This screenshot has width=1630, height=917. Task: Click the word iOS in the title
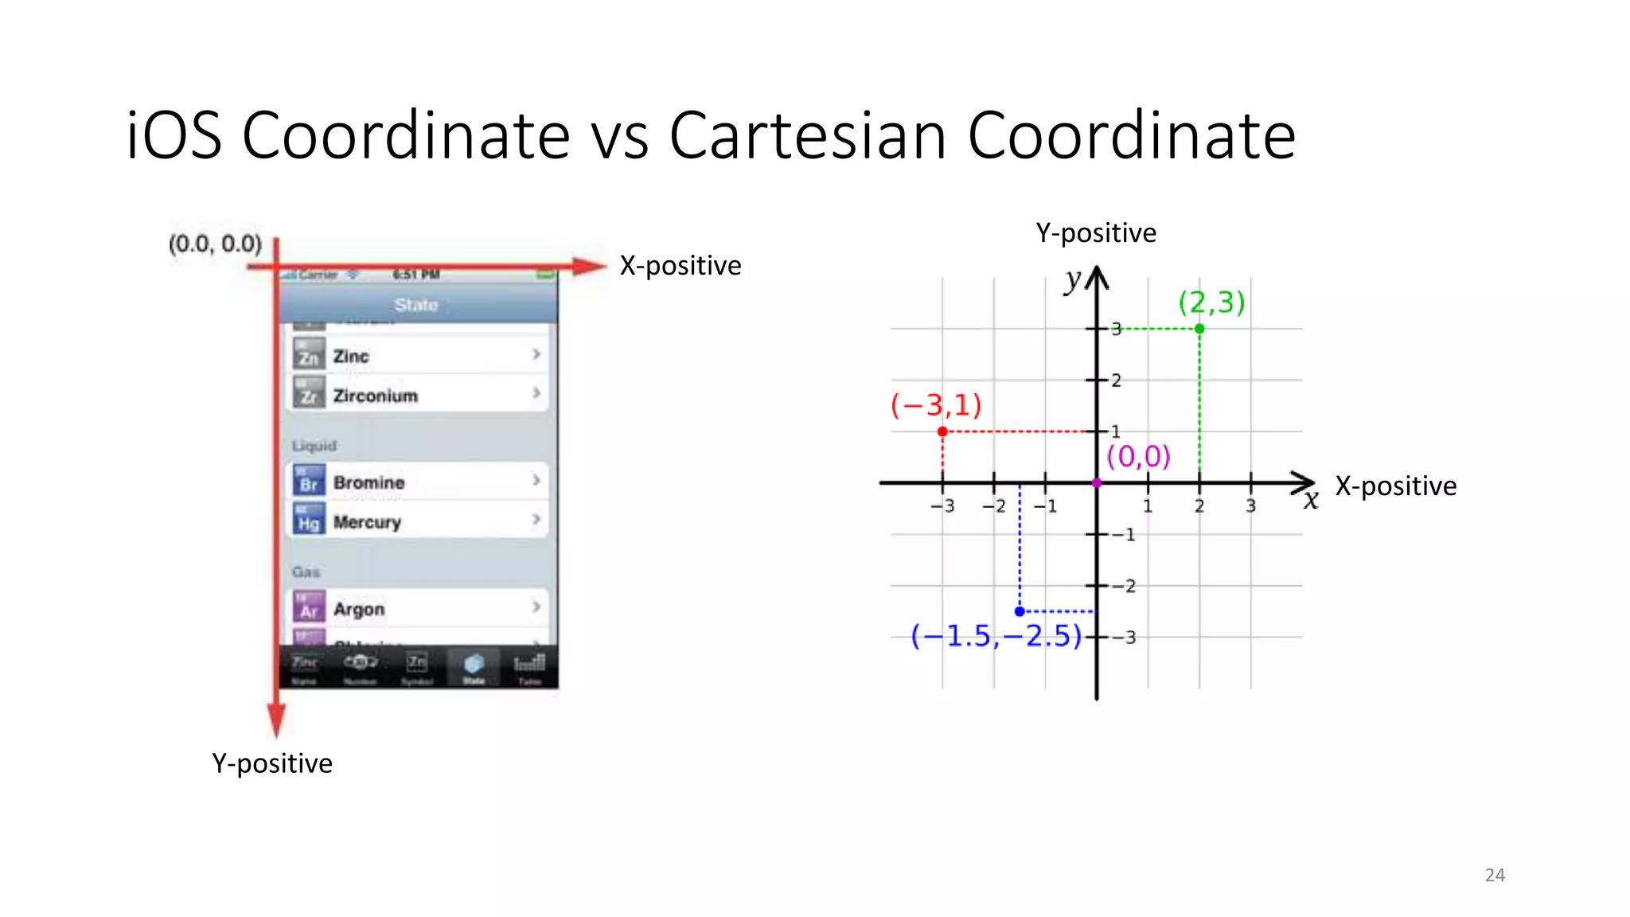[x=174, y=135]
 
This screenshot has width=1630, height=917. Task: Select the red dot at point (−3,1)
[x=942, y=431]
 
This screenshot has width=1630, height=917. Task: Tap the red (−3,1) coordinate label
[x=936, y=405]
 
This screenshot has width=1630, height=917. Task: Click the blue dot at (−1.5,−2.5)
[x=1020, y=611]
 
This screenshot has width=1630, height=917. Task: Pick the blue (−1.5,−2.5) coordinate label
[x=996, y=636]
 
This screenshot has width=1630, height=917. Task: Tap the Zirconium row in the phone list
[x=417, y=395]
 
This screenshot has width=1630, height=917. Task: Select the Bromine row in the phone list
[x=417, y=482]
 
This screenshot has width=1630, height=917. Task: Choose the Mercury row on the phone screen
[x=417, y=521]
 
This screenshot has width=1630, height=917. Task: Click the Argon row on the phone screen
[x=417, y=609]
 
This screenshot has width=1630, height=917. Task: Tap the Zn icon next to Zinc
[x=309, y=355]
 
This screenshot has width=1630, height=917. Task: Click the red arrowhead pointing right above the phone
[x=590, y=267]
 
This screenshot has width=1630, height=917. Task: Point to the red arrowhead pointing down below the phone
[x=276, y=721]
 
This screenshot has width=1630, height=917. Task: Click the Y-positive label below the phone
[x=272, y=763]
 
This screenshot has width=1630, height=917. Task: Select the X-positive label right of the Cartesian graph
[x=1396, y=486]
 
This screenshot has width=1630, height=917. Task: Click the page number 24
[x=1495, y=875]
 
